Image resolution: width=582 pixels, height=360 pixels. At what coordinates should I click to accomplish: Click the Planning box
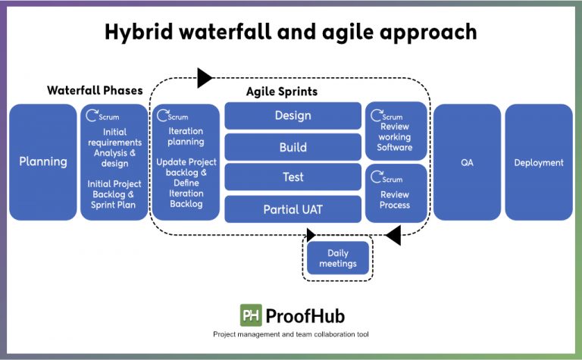(x=42, y=161)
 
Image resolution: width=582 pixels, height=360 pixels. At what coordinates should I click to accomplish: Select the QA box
(x=467, y=162)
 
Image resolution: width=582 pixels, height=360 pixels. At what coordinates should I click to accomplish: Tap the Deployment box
(x=539, y=162)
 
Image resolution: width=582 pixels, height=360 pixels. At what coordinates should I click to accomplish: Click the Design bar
(x=293, y=116)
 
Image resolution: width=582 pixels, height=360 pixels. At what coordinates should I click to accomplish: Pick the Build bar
(x=293, y=147)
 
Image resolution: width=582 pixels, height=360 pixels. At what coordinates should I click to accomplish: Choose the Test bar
(x=293, y=177)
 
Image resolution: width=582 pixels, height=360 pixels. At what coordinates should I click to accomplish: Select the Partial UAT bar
(x=293, y=208)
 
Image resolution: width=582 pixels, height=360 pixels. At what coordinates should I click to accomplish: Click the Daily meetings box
(x=337, y=258)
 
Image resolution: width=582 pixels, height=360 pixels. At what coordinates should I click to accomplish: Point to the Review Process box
(x=395, y=193)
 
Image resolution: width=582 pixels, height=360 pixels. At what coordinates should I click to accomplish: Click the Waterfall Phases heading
(x=95, y=90)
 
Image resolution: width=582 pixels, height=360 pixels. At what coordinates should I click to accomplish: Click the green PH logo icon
(x=251, y=315)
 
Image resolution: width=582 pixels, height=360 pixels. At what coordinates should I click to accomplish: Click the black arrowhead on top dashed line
(x=205, y=77)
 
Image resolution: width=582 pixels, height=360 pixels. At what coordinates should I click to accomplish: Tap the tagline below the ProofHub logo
(x=291, y=334)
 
